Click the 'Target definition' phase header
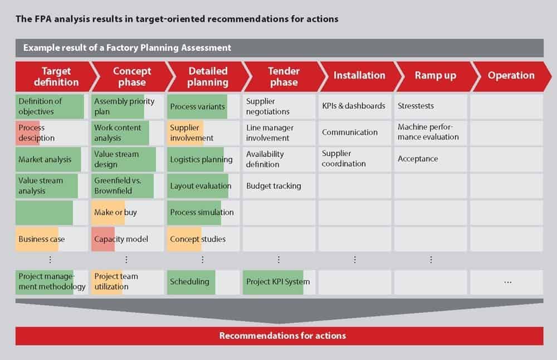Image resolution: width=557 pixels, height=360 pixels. [55, 76]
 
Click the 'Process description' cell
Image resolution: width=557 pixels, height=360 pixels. [51, 133]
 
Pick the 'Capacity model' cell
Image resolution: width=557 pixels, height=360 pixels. [128, 239]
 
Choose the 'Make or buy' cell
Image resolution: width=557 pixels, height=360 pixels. [128, 212]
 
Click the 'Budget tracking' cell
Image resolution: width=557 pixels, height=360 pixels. [279, 186]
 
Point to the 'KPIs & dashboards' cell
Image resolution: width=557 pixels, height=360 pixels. [354, 106]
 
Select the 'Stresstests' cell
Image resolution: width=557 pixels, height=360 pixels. [430, 106]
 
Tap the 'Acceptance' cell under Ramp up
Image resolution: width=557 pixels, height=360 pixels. [430, 159]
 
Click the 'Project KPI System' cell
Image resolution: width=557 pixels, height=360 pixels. [279, 282]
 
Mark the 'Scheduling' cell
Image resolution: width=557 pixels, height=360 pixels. [203, 282]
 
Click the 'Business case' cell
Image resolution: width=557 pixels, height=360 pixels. [51, 239]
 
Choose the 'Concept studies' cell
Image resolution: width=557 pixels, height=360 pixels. [203, 239]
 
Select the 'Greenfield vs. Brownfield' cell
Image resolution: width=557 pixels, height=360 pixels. [128, 186]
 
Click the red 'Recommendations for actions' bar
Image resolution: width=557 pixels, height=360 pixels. [279, 336]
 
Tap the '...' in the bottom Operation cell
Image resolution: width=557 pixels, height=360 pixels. [508, 283]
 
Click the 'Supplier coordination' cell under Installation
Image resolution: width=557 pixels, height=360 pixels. [354, 159]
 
